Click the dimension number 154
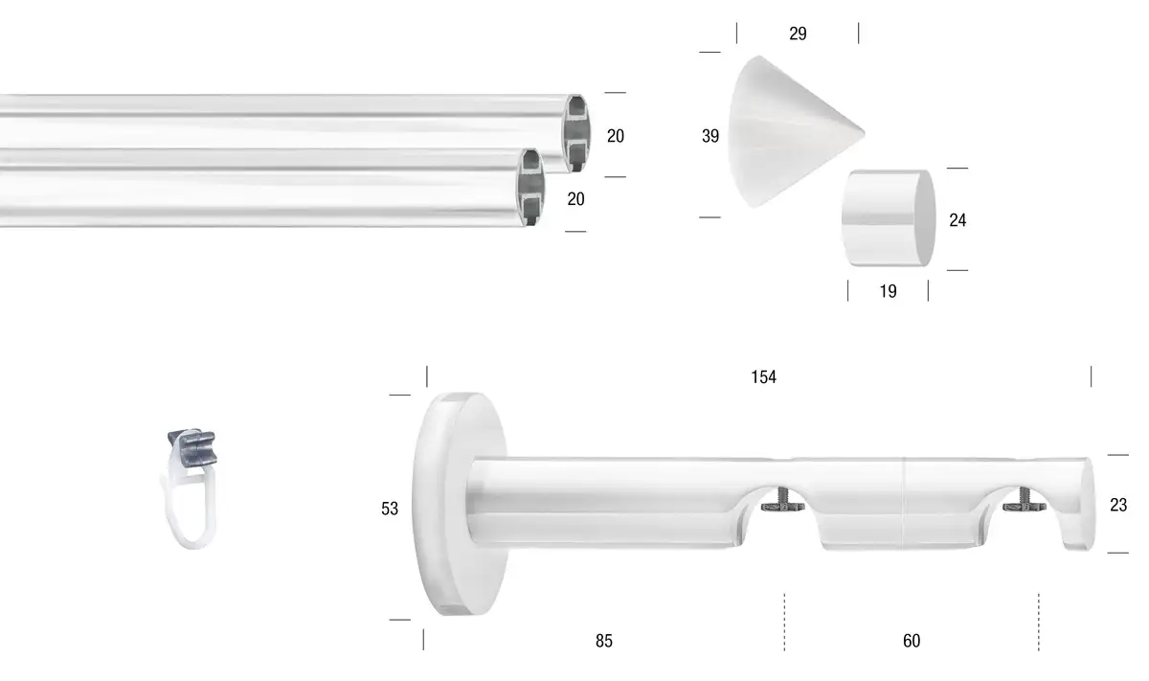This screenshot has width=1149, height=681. click(x=763, y=377)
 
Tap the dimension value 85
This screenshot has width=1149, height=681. click(x=604, y=641)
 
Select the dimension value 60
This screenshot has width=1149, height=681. click(x=912, y=641)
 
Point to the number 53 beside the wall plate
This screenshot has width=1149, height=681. click(x=390, y=509)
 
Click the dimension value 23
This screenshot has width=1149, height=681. click(x=1118, y=505)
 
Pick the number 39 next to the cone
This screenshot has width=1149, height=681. click(x=710, y=136)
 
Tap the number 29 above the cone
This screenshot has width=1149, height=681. click(x=798, y=34)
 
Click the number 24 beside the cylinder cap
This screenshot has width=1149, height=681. click(x=957, y=220)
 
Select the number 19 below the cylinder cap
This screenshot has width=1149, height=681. click(x=888, y=291)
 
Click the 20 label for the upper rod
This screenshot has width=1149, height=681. click(x=616, y=136)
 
